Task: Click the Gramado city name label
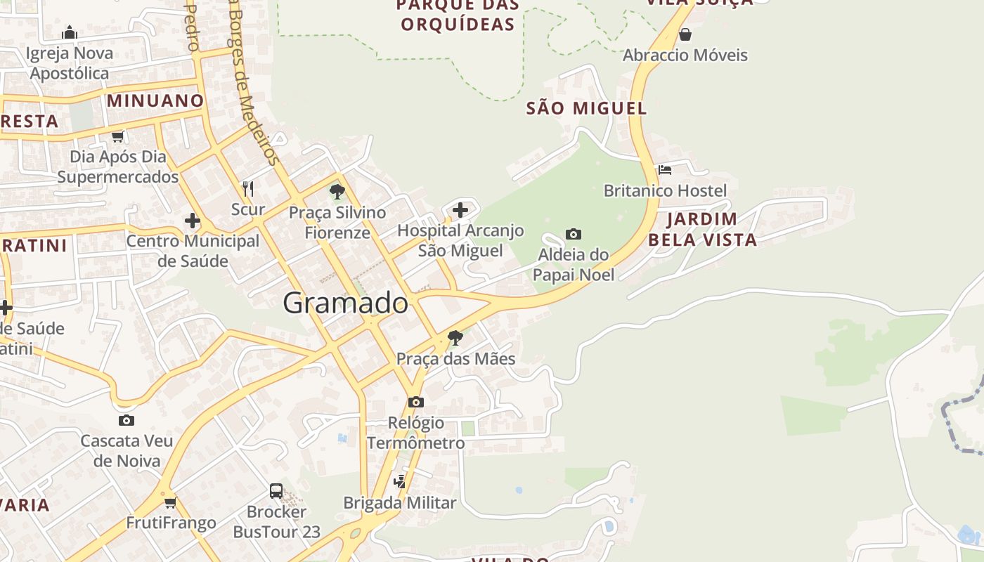coord(345,303)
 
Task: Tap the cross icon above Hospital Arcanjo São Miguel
coord(460,210)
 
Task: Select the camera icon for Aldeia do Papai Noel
coord(574,234)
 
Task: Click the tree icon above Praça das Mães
coord(455,338)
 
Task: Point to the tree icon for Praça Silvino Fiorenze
coord(337,191)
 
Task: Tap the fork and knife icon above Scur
coord(247,188)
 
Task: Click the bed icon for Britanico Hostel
coord(665,170)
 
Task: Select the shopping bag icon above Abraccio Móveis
coord(685,34)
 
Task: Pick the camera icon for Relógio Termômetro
coord(416,402)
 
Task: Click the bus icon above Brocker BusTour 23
coord(276,491)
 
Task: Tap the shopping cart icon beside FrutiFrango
coord(171,502)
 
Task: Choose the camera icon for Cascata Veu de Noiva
coord(127,420)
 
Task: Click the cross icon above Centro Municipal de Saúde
coord(193,221)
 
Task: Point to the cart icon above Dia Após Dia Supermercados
coord(118,136)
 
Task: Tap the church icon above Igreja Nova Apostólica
coord(70,32)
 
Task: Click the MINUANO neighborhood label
coord(155,100)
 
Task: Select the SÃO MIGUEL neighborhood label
coord(586,108)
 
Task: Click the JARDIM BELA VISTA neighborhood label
coord(702,229)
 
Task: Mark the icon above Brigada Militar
coord(400,481)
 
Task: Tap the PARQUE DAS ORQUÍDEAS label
coord(458,15)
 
